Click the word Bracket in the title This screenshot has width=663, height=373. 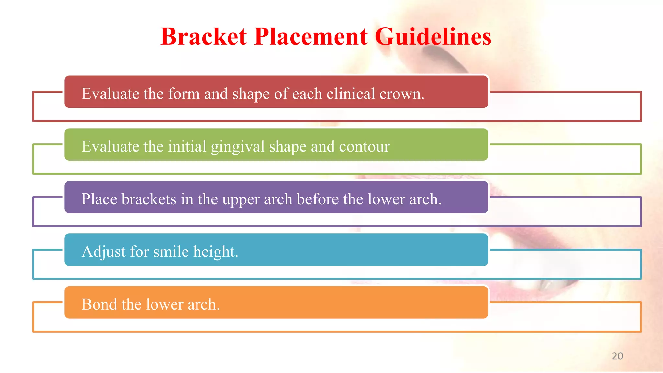[x=203, y=37]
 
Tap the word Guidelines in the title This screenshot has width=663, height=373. [x=433, y=37]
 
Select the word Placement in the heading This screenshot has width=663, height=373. [x=311, y=37]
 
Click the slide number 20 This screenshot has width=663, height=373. [x=617, y=356]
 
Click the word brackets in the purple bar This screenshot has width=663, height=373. [x=149, y=199]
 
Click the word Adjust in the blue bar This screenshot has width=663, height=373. [x=104, y=252]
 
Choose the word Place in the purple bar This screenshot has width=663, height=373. [x=99, y=199]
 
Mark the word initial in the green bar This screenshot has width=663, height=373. [x=187, y=146]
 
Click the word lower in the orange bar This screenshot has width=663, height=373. [x=164, y=304]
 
